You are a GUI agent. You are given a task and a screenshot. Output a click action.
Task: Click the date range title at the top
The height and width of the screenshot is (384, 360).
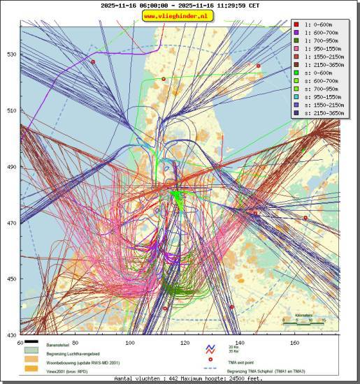(x=180, y=6)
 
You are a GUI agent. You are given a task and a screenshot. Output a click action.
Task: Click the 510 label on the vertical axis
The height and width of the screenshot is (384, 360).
(x=11, y=110)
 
